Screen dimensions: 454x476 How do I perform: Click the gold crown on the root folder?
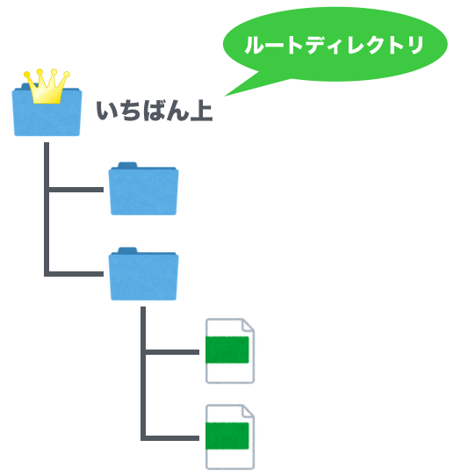47,87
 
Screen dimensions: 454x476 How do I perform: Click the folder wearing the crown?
47,112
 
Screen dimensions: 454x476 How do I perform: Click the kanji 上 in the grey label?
201,111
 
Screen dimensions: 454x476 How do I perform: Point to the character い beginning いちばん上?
107,112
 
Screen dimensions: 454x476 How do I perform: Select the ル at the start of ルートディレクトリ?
256,46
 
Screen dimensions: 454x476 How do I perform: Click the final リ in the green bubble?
415,46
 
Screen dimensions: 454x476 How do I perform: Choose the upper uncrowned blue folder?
143,189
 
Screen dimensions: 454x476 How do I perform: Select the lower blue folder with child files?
143,274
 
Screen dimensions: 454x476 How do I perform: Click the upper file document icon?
230,351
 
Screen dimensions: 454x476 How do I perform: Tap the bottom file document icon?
230,437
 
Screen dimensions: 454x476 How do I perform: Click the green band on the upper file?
227,350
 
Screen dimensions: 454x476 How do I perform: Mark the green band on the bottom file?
227,436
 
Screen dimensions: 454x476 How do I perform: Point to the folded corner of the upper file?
248,325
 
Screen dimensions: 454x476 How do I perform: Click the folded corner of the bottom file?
248,411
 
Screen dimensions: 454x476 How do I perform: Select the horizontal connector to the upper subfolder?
76,190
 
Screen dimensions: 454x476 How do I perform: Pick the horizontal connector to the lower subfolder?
76,274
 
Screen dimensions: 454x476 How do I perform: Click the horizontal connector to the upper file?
172,352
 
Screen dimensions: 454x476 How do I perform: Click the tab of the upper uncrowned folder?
127,165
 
